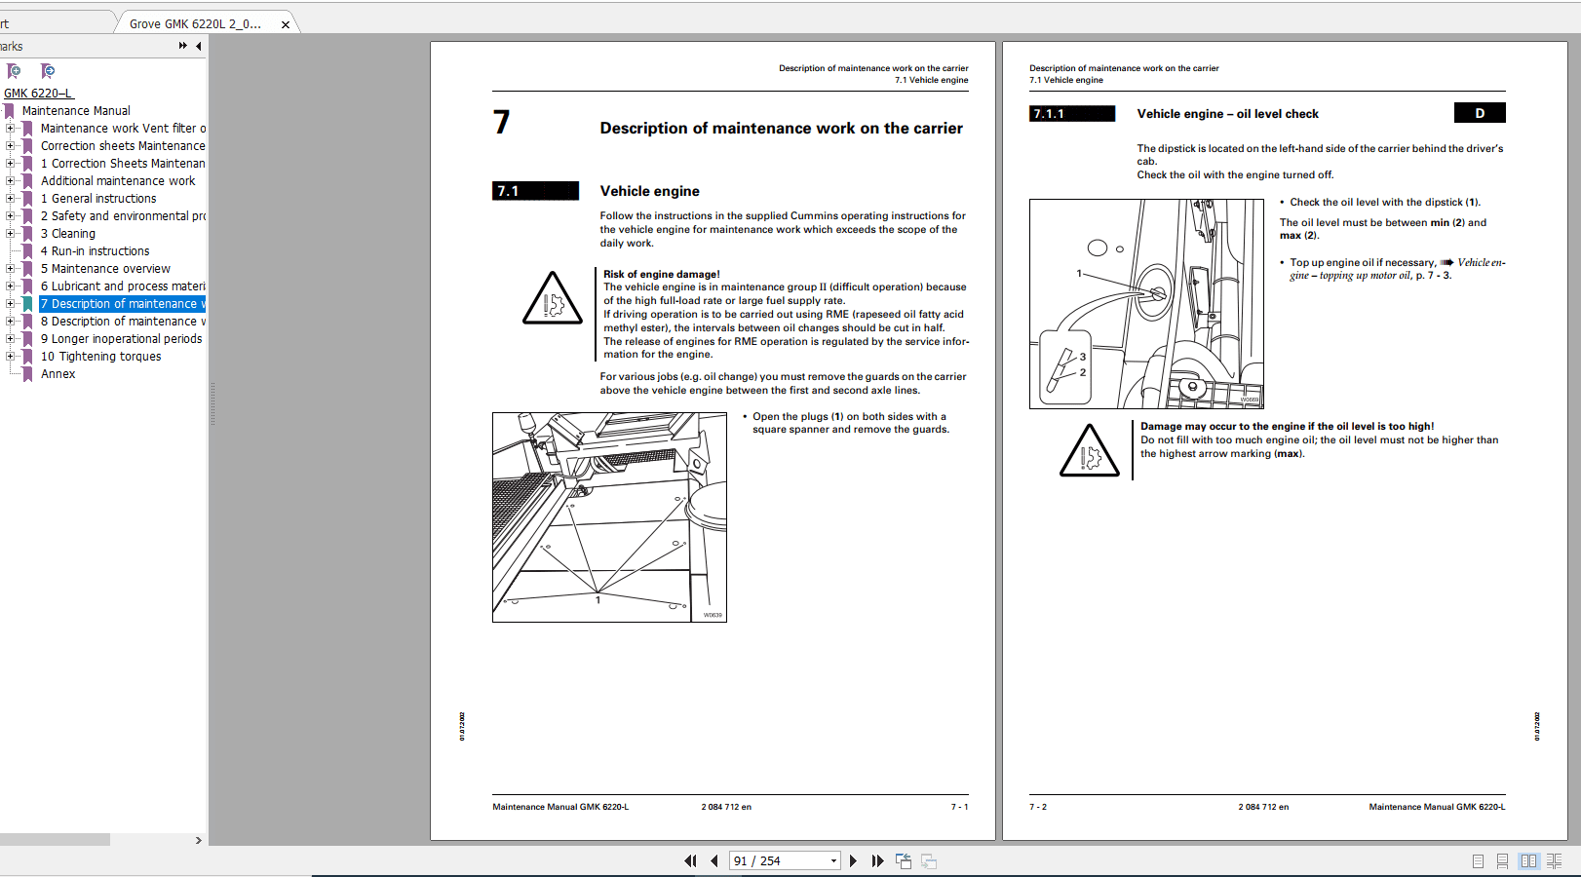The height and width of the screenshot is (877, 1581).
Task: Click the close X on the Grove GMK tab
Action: point(286,24)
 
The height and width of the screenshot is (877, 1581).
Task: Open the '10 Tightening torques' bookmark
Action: point(100,357)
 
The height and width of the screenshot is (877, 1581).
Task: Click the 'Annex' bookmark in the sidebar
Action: point(58,374)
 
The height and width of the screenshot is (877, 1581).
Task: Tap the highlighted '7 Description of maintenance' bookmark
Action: point(122,304)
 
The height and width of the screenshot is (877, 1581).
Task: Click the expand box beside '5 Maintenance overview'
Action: point(11,269)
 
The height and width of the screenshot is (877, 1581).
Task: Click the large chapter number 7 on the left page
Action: point(501,122)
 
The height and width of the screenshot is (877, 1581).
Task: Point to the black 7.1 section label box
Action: point(535,191)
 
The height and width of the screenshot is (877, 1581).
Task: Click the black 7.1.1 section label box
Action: point(1071,114)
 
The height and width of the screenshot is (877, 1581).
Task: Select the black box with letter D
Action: point(1479,113)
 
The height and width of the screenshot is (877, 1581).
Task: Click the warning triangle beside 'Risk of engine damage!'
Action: point(552,300)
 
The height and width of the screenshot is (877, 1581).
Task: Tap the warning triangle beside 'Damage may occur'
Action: point(1089,452)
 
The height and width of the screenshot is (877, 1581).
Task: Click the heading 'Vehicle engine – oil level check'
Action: point(1227,114)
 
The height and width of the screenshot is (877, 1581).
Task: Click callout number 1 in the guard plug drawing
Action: point(598,600)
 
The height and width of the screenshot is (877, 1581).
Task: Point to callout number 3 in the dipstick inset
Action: point(1082,357)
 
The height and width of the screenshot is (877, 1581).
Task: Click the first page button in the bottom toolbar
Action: point(690,861)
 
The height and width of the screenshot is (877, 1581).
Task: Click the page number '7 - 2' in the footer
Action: point(1038,807)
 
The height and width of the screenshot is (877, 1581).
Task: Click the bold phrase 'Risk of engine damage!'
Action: point(661,274)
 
